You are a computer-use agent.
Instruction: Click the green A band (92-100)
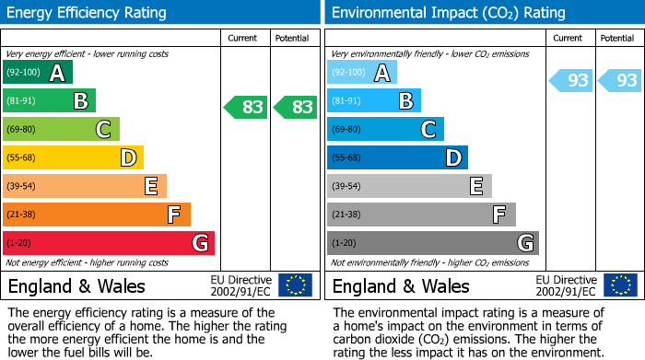pyautogui.click(x=37, y=73)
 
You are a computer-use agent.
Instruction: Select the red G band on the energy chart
pyautogui.click(x=108, y=243)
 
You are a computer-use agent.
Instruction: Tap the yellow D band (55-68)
pyautogui.click(x=73, y=157)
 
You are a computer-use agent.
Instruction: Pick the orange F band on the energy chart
pyautogui.click(x=96, y=215)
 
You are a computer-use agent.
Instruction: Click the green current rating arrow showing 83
pyautogui.click(x=246, y=108)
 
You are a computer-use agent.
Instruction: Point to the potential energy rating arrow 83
pyautogui.click(x=295, y=108)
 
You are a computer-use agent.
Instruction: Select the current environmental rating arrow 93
pyautogui.click(x=571, y=80)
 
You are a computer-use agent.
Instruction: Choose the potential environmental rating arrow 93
pyautogui.click(x=620, y=80)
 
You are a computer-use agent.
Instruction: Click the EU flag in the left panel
pyautogui.click(x=296, y=285)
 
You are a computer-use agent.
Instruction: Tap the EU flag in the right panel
pyautogui.click(x=620, y=285)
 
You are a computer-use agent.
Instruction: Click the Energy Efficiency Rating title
pyautogui.click(x=88, y=13)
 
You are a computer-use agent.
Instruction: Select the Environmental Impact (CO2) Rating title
pyautogui.click(x=448, y=13)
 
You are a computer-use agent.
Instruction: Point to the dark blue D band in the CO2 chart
pyautogui.click(x=397, y=157)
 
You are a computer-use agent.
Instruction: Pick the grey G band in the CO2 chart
pyautogui.click(x=432, y=243)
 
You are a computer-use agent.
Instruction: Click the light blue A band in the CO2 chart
pyautogui.click(x=361, y=73)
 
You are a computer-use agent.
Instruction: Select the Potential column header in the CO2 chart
pyautogui.click(x=617, y=38)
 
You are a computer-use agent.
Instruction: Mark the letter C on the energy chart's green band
pyautogui.click(x=104, y=130)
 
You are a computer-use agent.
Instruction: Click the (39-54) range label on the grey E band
pyautogui.click(x=347, y=187)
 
